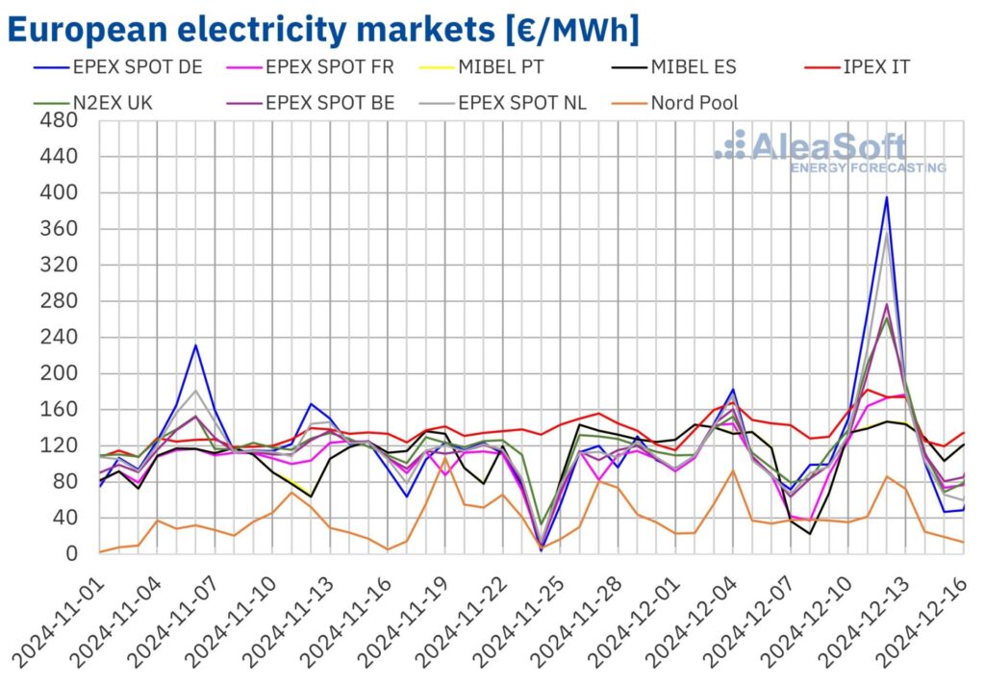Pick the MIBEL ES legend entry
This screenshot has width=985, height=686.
tap(686, 67)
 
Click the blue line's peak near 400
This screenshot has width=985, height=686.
tap(886, 197)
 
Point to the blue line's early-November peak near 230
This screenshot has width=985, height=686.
tap(195, 344)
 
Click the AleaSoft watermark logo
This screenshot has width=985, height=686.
tap(827, 150)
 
